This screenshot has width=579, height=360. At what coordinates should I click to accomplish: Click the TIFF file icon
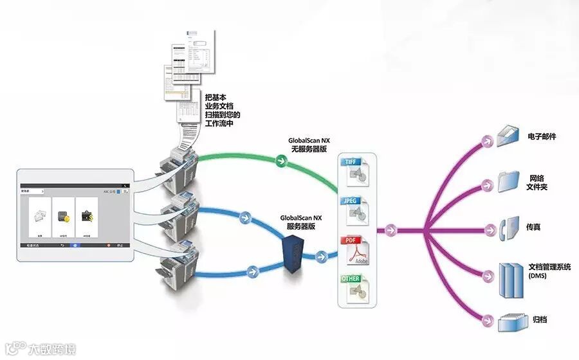pyautogui.click(x=355, y=170)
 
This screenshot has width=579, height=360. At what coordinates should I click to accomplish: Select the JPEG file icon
pyautogui.click(x=355, y=209)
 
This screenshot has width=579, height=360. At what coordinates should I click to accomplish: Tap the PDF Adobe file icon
pyautogui.click(x=355, y=251)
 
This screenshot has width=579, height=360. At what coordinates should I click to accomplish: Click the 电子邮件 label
pyautogui.click(x=542, y=137)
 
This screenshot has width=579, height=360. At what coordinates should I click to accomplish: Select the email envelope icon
pyautogui.click(x=508, y=136)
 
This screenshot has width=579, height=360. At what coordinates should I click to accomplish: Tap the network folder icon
pyautogui.click(x=509, y=181)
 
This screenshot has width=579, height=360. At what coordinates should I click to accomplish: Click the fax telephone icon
pyautogui.click(x=506, y=228)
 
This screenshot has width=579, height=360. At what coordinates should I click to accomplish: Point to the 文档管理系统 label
pyautogui.click(x=549, y=267)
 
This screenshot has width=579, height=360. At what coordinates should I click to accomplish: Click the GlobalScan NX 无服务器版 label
pyautogui.click(x=309, y=144)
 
